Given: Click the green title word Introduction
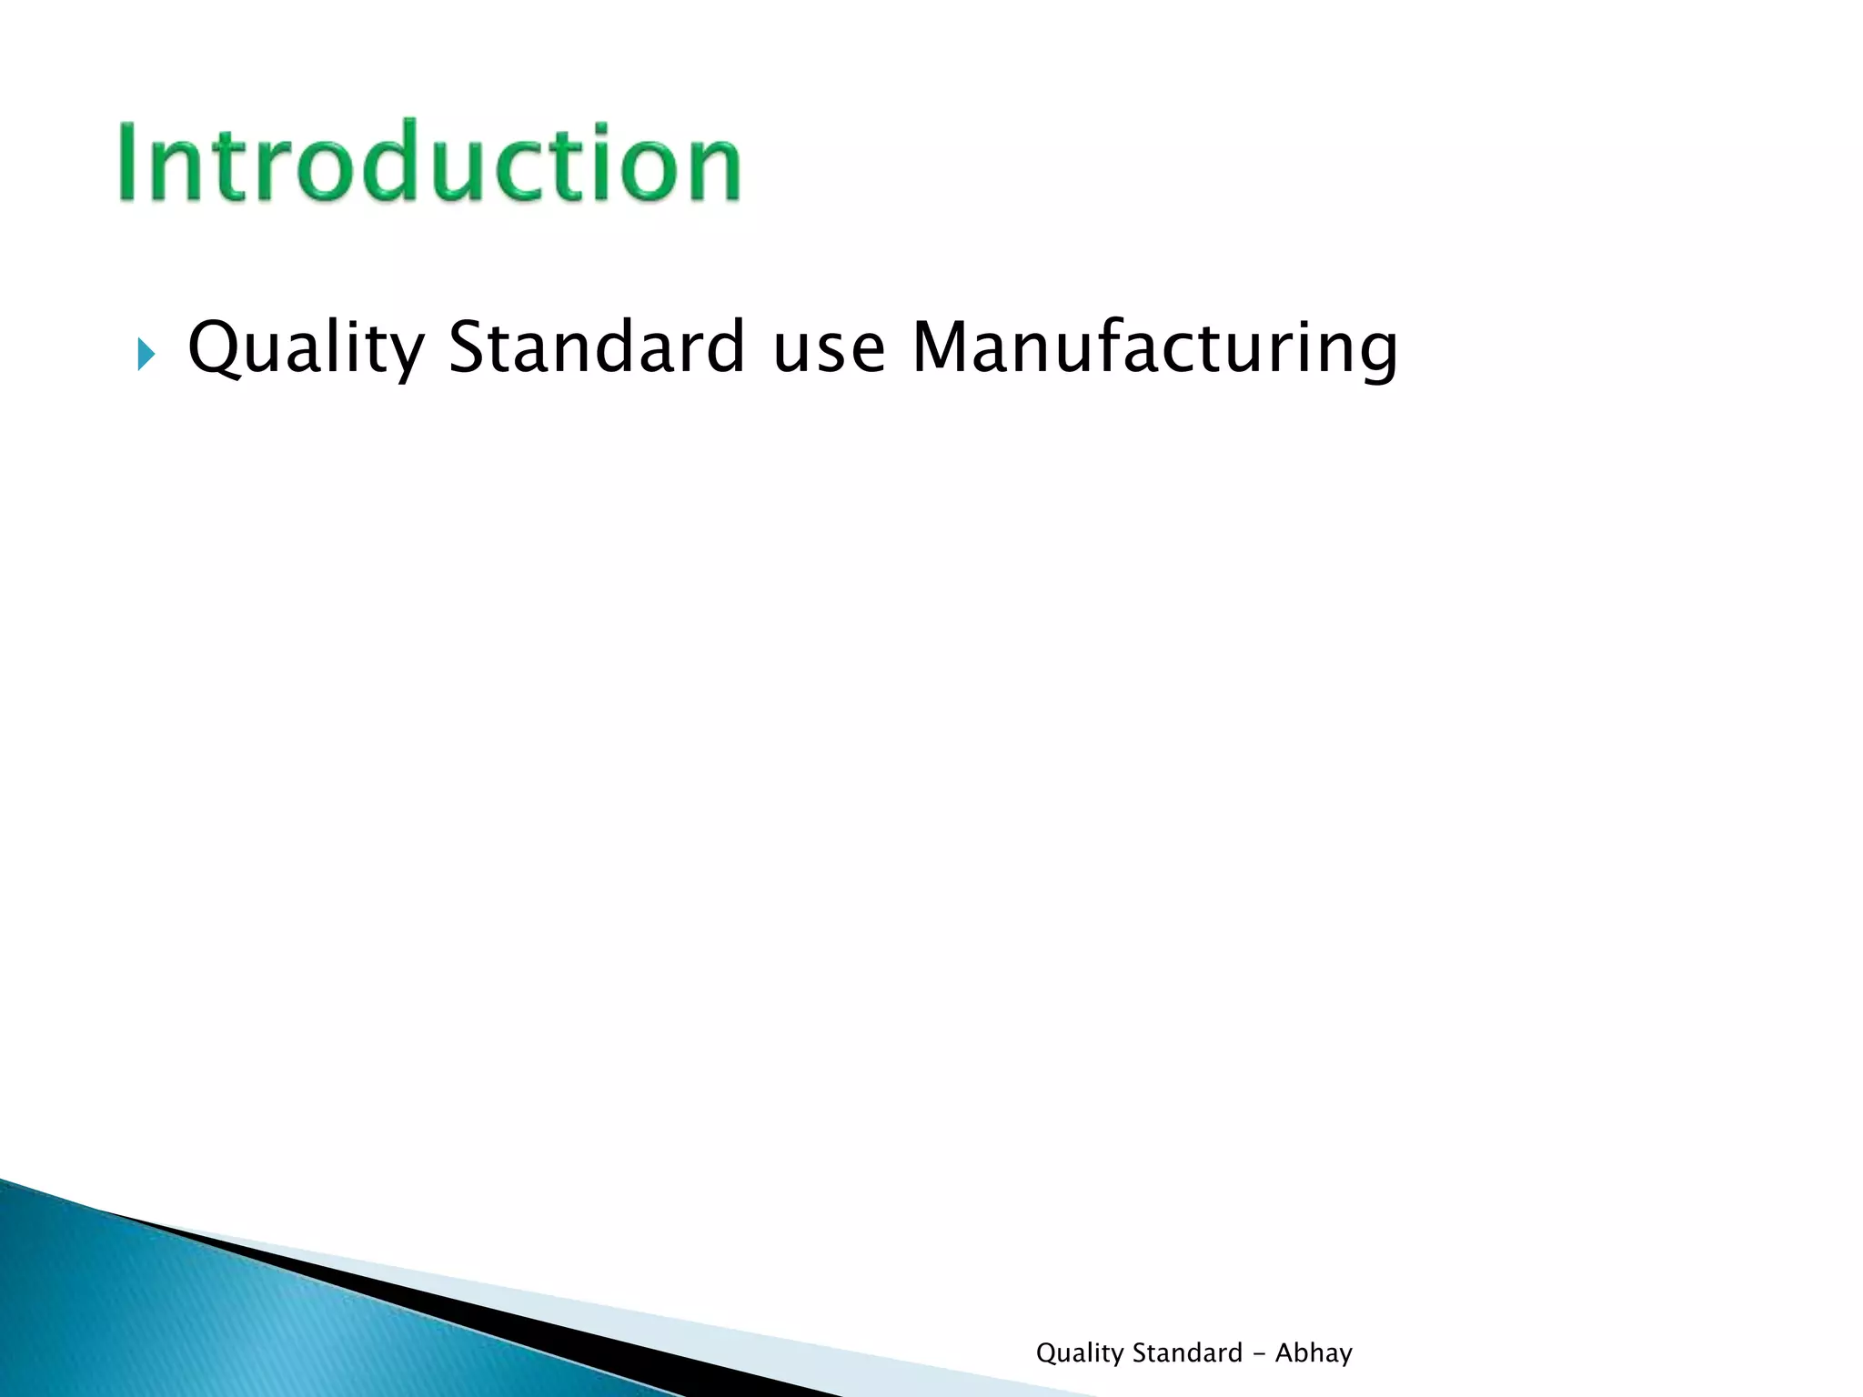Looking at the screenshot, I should pyautogui.click(x=429, y=162).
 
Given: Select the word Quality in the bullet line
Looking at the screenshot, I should pyautogui.click(x=306, y=347).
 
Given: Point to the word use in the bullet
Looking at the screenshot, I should pyautogui.click(x=828, y=349).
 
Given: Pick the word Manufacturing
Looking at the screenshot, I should pyautogui.click(x=1153, y=347).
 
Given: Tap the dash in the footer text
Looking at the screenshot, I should pyautogui.click(x=1259, y=1354).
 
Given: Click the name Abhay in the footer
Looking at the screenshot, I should pyautogui.click(x=1314, y=1353).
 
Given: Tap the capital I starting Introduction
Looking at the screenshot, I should pyautogui.click(x=128, y=162).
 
